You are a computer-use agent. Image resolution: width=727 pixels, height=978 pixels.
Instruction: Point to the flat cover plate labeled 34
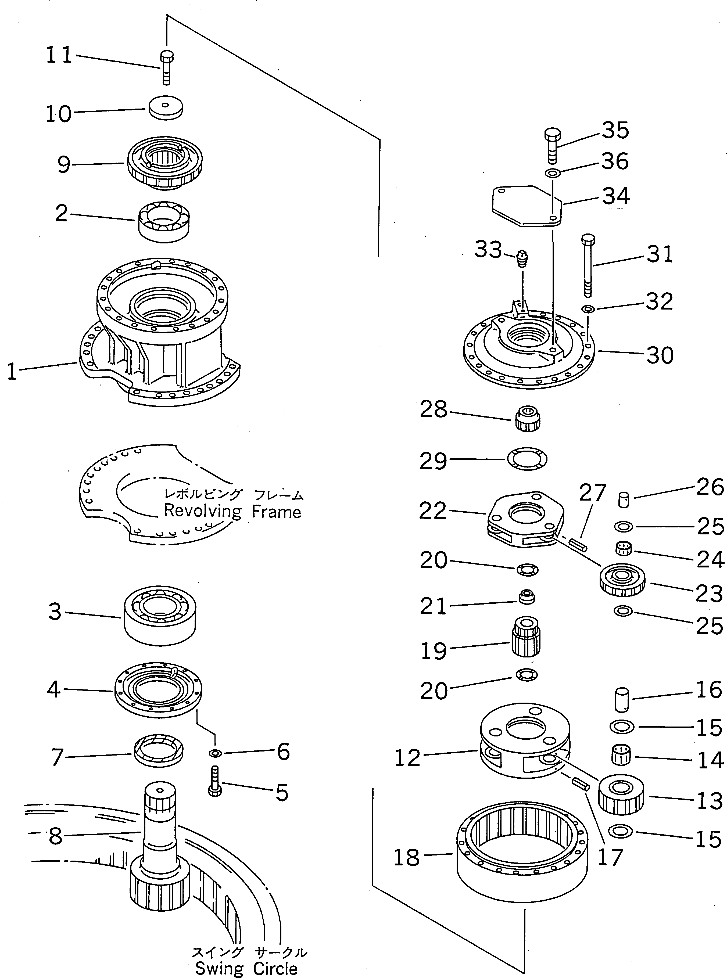526,206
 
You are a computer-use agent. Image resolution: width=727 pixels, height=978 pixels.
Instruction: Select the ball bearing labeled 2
164,221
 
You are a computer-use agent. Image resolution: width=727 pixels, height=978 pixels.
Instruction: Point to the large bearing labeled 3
159,615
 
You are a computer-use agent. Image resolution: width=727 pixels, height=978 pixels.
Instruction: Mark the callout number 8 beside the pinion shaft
55,835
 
